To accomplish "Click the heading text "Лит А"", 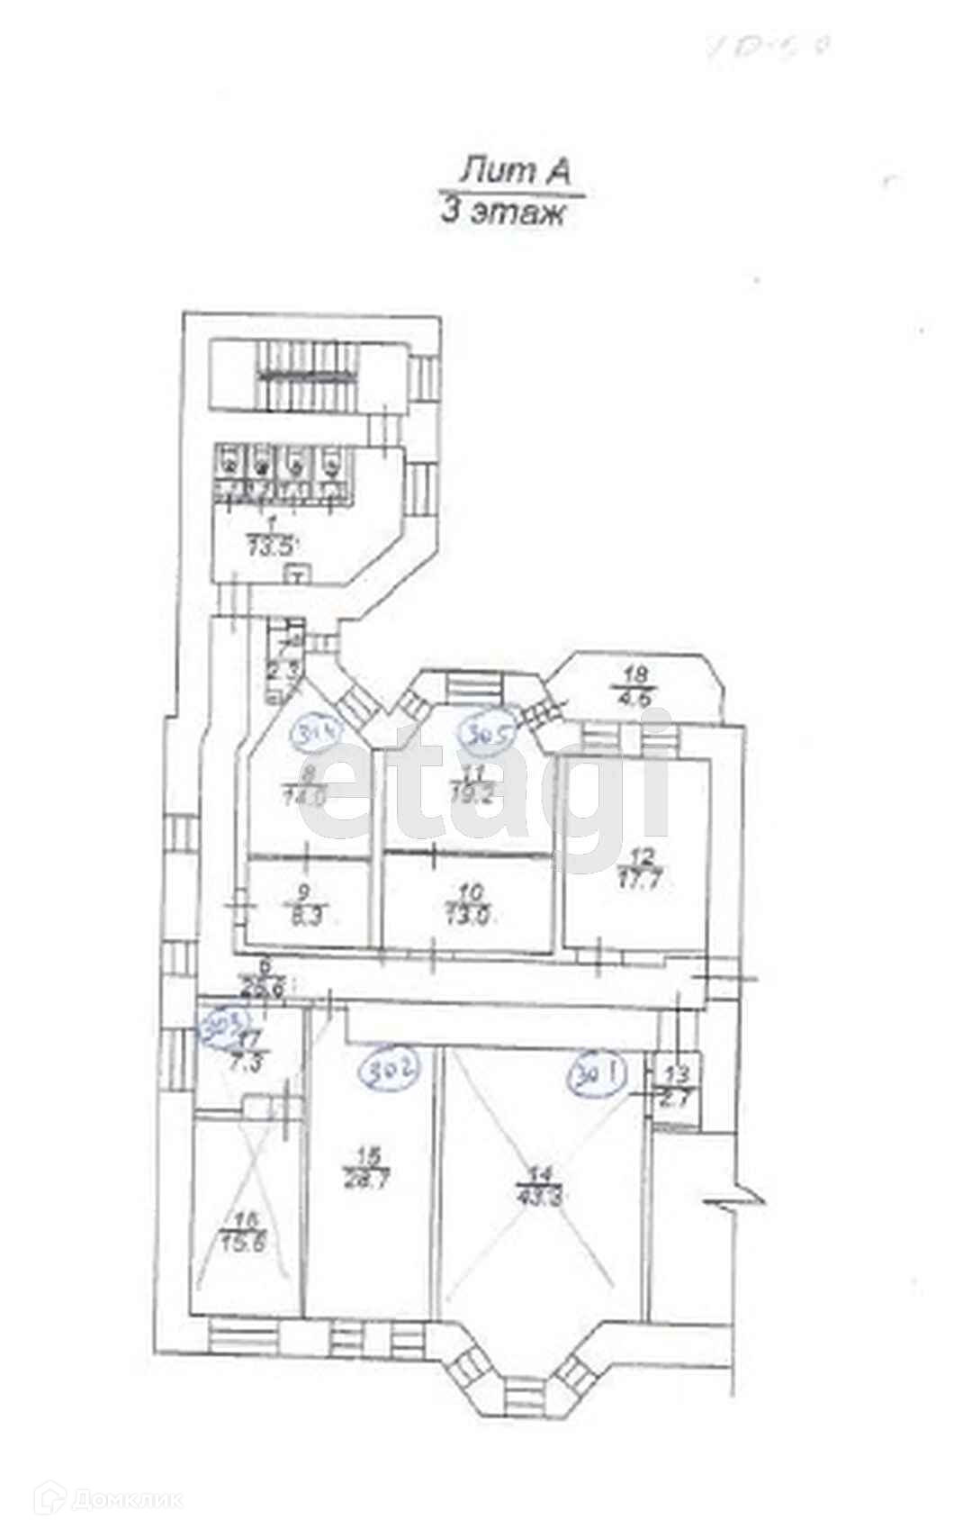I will point(516,170).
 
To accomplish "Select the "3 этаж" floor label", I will point(502,213).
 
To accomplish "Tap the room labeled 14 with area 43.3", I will point(541,1189).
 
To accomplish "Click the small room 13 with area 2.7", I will point(676,1085).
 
